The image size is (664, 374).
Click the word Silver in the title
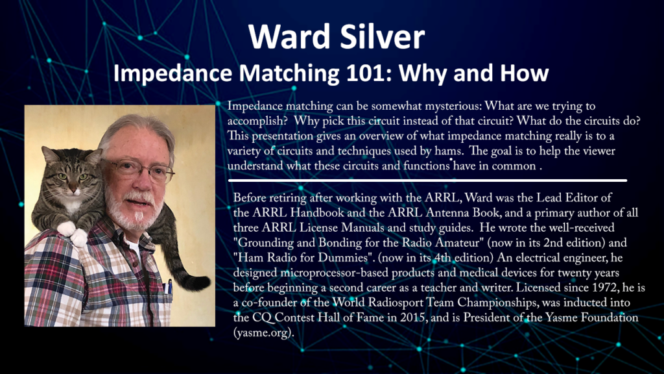click(x=382, y=36)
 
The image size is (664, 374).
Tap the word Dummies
click(x=345, y=258)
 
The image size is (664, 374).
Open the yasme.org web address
click(x=263, y=333)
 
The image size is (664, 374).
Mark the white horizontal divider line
click(x=427, y=181)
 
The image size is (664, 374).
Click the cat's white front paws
click(x=72, y=233)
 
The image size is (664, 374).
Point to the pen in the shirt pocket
click(x=169, y=286)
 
